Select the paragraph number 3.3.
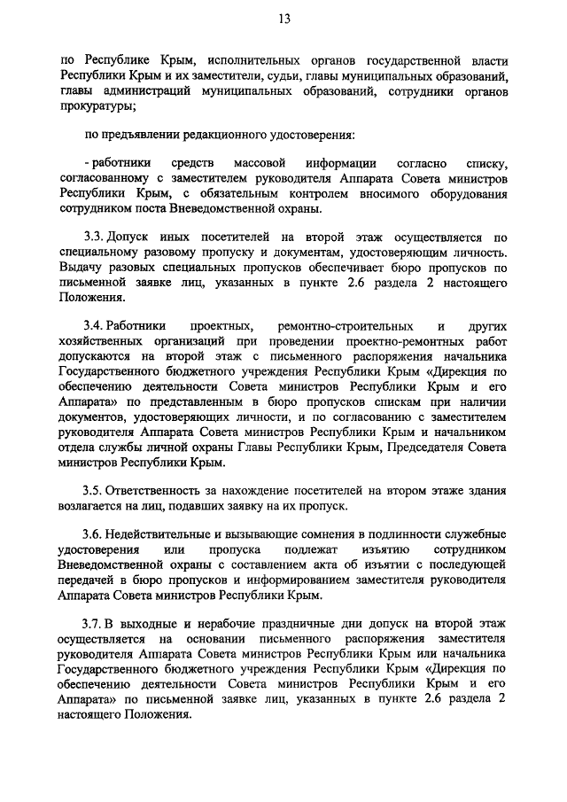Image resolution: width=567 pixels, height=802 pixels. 94,237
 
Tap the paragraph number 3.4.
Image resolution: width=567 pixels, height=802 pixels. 94,325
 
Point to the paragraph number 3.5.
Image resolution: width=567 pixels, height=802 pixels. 94,490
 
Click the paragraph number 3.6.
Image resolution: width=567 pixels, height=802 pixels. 94,534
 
